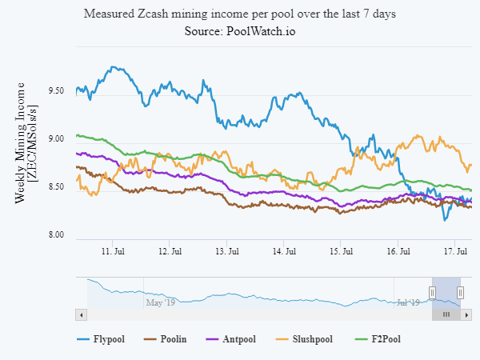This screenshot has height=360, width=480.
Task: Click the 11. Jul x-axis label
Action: pos(113,251)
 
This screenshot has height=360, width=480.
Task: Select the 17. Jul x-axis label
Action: pos(455,251)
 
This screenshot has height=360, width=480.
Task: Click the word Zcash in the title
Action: pos(157,14)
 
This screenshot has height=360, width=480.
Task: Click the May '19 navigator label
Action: pos(159,302)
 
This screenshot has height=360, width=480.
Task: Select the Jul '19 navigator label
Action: pos(410,302)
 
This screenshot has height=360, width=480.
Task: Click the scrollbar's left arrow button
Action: pos(79,315)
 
